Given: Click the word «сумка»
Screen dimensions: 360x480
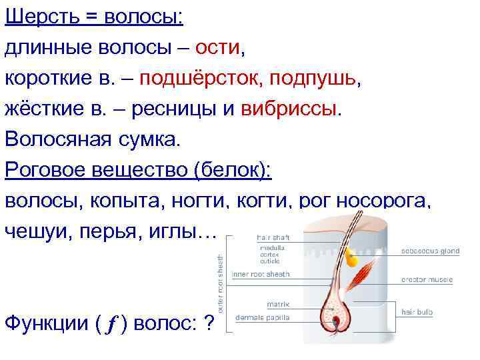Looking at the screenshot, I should click(x=145, y=140).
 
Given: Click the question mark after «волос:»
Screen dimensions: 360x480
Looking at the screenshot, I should click(x=209, y=324).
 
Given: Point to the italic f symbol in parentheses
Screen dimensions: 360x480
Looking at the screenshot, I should click(x=110, y=324).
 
